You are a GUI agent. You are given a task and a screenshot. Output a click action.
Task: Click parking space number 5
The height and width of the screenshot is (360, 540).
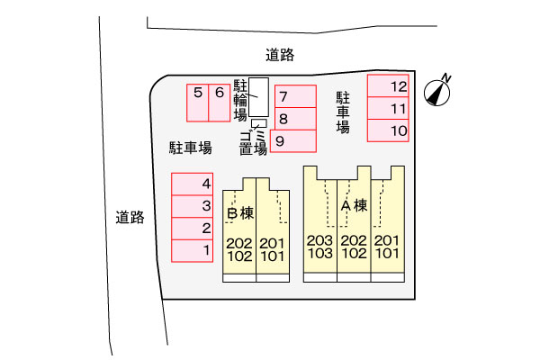[x=198, y=103]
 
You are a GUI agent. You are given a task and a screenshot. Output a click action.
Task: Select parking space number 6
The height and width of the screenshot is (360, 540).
[x=220, y=103]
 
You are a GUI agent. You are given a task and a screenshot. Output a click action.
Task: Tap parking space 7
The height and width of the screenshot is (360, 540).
[x=296, y=96]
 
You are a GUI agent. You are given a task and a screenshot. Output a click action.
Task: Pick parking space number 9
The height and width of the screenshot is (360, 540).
[x=293, y=141]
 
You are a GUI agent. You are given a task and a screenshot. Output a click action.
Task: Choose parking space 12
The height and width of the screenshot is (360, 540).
[x=388, y=85]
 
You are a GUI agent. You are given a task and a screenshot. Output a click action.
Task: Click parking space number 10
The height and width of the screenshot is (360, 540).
[x=388, y=130]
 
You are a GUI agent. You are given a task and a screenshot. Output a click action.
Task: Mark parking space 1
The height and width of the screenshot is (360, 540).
[x=193, y=251]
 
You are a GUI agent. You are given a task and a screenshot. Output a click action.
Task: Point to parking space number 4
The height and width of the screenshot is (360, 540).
[x=193, y=184]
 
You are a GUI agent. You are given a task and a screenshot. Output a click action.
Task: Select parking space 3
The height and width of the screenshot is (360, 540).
[x=193, y=206]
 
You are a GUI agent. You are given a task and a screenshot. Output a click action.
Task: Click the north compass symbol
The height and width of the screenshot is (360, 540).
[x=437, y=92]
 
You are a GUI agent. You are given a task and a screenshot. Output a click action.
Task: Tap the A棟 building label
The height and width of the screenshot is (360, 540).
[x=354, y=206]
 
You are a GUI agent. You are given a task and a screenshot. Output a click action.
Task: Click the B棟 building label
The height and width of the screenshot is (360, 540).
[x=240, y=213]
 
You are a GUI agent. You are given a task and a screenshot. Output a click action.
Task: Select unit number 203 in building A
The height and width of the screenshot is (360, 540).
[x=319, y=240]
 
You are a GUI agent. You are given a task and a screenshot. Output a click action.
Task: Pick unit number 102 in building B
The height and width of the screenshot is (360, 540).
[x=239, y=256]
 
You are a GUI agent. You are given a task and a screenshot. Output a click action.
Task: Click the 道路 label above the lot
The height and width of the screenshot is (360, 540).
[x=280, y=55]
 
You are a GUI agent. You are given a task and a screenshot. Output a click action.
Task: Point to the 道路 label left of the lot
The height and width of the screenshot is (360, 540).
[x=130, y=218]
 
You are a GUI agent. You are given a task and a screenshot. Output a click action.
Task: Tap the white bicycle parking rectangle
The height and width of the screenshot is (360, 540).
[x=258, y=97]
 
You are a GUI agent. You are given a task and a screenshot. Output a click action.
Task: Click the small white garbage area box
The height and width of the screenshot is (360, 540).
[x=259, y=123]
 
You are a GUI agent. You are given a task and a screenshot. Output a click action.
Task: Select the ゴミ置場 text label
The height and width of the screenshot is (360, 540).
[x=253, y=143]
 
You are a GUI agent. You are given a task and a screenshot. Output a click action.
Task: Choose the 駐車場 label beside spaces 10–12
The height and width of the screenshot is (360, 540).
[x=343, y=112]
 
